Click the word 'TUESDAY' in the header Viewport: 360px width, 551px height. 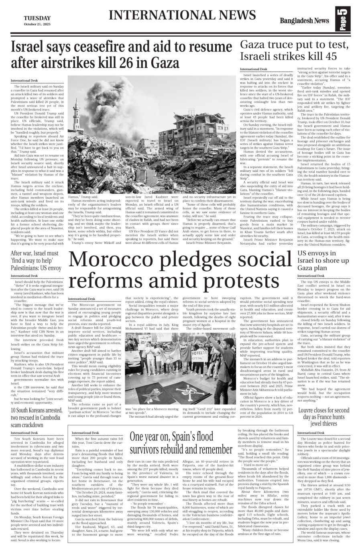(37, 18)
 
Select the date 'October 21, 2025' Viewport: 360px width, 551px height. (37, 24)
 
